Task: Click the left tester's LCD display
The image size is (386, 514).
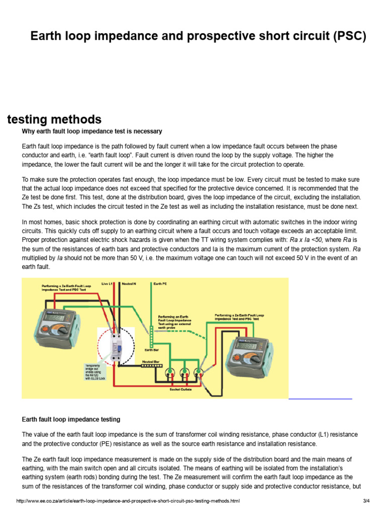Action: tap(53, 318)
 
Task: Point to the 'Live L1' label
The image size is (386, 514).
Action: tap(108, 284)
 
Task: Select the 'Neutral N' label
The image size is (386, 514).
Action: tap(129, 284)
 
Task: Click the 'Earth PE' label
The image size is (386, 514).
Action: tap(160, 284)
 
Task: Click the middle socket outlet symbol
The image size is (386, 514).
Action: tap(184, 372)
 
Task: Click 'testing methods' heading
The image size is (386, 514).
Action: tap(54, 119)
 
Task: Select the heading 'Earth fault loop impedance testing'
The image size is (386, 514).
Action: tap(71, 419)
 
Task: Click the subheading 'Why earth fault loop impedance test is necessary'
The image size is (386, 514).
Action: tap(92, 132)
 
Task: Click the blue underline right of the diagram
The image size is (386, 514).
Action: tap(321, 399)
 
